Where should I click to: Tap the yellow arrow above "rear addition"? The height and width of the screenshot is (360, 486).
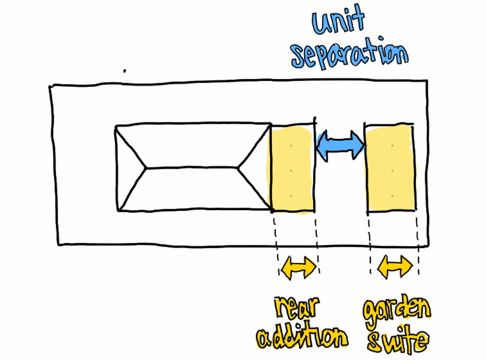pos(299,268)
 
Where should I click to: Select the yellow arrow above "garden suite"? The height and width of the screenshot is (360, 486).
pos(395,267)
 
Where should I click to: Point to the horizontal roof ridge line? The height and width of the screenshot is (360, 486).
pos(192,168)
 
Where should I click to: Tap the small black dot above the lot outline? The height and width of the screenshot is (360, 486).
pos(125,71)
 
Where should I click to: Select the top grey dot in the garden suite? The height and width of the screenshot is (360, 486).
pos(392,145)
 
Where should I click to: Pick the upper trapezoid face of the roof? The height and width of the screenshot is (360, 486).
pos(192,146)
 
